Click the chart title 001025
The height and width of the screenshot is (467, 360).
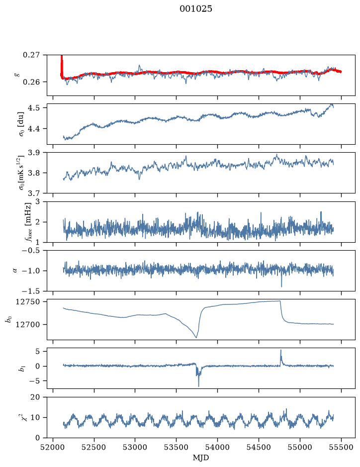tap(195, 9)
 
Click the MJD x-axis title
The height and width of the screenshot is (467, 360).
tap(201, 458)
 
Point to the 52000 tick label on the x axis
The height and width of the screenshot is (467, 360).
tap(53, 447)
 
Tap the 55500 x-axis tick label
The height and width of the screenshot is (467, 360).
tap(341, 447)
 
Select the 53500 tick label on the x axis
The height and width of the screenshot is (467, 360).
tap(177, 447)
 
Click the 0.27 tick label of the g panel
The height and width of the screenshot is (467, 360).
tap(31, 55)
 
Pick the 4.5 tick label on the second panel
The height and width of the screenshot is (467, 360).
tap(34, 107)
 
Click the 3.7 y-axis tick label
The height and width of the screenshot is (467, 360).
tap(34, 193)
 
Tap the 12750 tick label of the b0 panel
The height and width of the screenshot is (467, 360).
tap(27, 302)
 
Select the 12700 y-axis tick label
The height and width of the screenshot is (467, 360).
tap(27, 324)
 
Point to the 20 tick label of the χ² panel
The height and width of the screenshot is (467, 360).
tap(35, 397)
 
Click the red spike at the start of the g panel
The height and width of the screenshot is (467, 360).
tap(62, 64)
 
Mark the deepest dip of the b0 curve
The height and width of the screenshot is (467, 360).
tap(196, 337)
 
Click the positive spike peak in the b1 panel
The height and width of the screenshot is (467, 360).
tap(280, 350)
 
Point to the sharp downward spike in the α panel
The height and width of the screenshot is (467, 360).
tap(281, 286)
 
